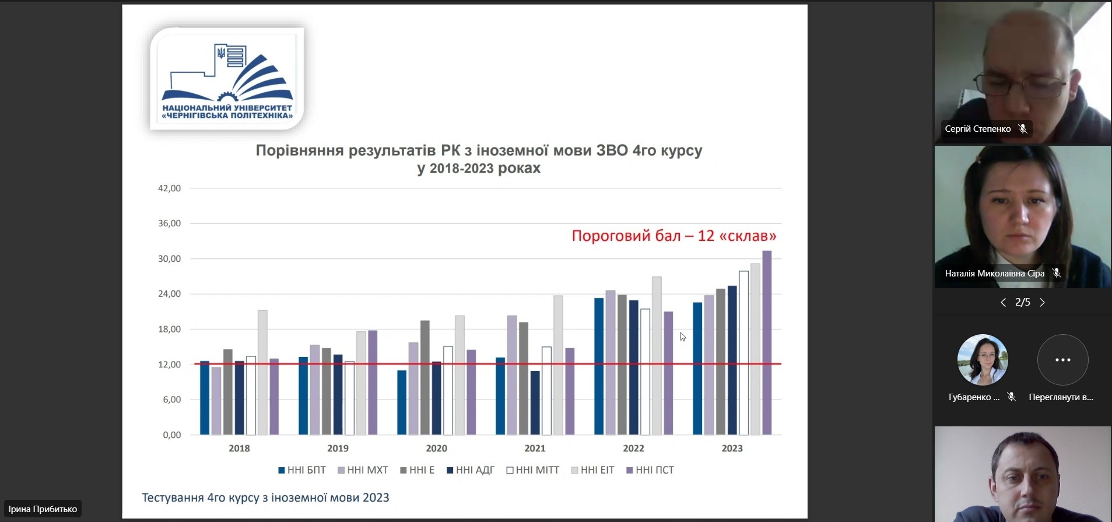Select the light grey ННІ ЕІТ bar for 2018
point(262,373)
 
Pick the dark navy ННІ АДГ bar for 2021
point(535,403)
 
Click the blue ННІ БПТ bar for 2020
point(402,402)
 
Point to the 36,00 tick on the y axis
point(170,223)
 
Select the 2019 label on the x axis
point(338,448)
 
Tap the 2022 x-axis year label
point(633,448)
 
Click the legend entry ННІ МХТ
point(363,470)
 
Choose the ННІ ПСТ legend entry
point(650,470)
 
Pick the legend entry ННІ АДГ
point(471,470)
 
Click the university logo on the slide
point(227,78)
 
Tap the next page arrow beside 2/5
point(1042,302)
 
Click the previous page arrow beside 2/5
point(1003,302)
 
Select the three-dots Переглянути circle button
point(1062,360)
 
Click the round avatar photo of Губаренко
point(983,360)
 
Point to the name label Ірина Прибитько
point(43,509)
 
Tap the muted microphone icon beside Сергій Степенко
point(1023,129)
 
